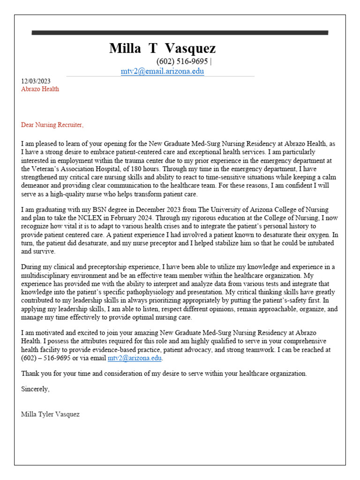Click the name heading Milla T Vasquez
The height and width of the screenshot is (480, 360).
pos(162,48)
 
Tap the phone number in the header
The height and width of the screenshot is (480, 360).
pos(182,62)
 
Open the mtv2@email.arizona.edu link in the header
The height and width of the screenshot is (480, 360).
pos(162,71)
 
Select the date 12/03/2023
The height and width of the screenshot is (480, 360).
pos(36,81)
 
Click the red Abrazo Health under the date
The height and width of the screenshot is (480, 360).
pos(40,89)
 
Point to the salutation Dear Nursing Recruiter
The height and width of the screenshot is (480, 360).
pos(52,125)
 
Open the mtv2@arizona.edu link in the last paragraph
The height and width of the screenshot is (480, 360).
pos(135,358)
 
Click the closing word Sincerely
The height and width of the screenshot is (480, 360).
pos(35,389)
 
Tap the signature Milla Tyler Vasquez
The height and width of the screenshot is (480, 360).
pos(50,414)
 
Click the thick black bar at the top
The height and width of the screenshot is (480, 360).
pos(180,33)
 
